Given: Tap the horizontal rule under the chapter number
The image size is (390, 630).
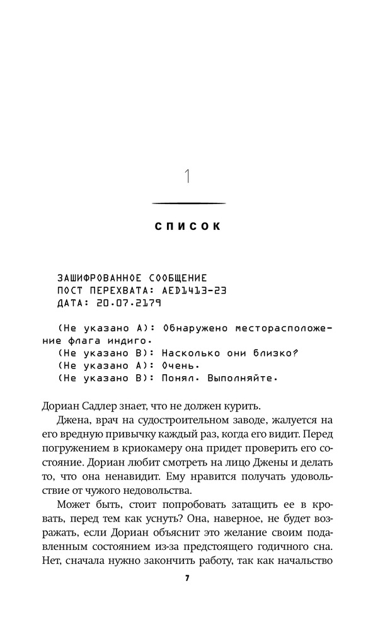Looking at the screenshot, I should pyautogui.click(x=188, y=203).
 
